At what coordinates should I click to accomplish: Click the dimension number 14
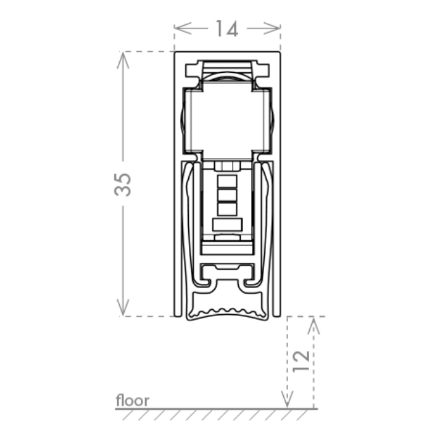tap(226, 28)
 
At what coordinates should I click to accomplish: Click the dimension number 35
tap(123, 185)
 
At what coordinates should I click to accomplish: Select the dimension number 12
tap(301, 361)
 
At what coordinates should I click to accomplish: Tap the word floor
tap(133, 400)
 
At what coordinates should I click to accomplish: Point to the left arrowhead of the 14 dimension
tap(183, 28)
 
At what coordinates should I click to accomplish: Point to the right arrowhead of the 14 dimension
tap(272, 28)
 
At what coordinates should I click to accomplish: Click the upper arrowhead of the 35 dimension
tap(123, 60)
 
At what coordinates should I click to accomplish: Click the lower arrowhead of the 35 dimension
tap(123, 307)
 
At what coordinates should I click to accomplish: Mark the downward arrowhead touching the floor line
tap(287, 399)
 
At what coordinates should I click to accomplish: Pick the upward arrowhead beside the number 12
tap(314, 325)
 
